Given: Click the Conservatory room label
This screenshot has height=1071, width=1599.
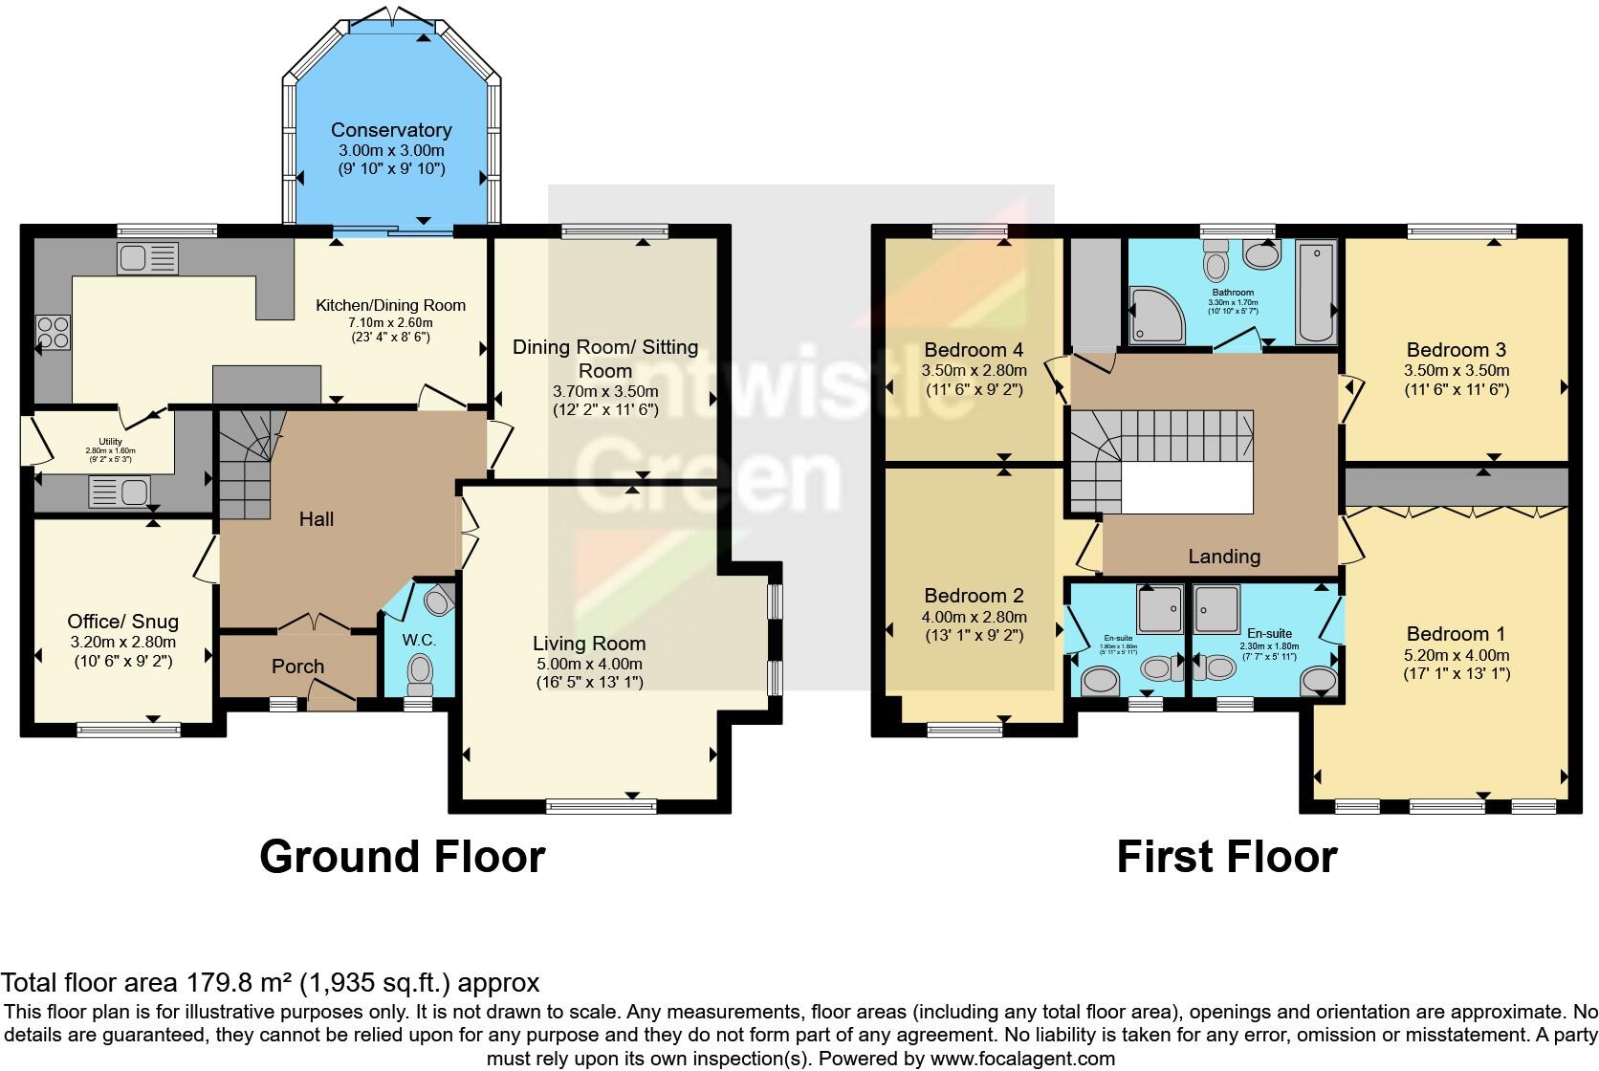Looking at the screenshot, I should pos(390,130).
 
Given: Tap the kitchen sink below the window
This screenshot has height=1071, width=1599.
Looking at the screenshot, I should pos(147,257).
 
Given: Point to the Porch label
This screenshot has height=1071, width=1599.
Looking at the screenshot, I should pos(297,667).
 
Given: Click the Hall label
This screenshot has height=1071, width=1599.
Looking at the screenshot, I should pos(317,519).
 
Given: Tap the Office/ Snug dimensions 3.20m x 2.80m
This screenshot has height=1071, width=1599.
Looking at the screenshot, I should pos(122,643).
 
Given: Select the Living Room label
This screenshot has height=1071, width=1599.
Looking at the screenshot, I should pos(589,644).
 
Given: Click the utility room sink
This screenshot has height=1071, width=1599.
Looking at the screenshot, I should pos(119,493).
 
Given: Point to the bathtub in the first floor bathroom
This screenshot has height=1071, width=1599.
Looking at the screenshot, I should pos(1315,293).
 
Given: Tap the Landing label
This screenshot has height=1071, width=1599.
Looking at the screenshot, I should pos(1224,557).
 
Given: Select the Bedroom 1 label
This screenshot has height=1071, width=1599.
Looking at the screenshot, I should pos(1456,634).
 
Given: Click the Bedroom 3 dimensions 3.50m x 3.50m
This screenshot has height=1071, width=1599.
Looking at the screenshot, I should pos(1457,371).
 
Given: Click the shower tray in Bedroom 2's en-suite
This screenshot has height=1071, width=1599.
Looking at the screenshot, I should pos(1158,609).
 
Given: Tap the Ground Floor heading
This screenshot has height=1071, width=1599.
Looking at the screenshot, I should pos(402,857).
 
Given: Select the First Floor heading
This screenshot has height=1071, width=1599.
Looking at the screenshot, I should pos(1226,857).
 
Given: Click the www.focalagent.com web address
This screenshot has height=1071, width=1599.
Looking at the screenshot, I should pos(1022,1059).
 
